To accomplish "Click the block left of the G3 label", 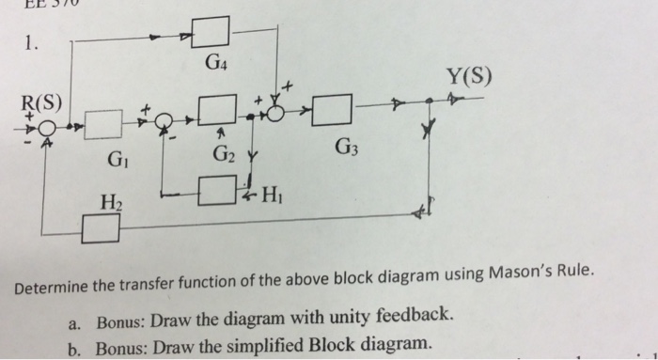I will (x=337, y=111).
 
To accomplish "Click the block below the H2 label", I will (x=101, y=227).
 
